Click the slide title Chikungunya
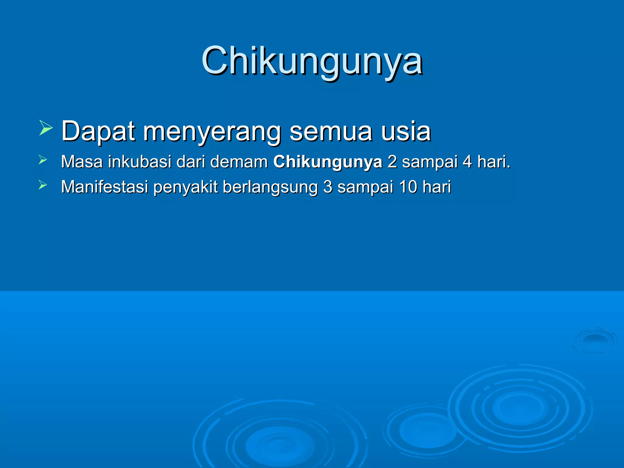pyautogui.click(x=312, y=61)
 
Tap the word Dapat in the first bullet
pyautogui.click(x=98, y=131)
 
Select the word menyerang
pyautogui.click(x=212, y=132)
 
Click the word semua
pyautogui.click(x=331, y=131)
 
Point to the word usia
pyautogui.click(x=406, y=131)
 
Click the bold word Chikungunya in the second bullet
pyautogui.click(x=328, y=162)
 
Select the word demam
pyautogui.click(x=239, y=162)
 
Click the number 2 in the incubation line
pyautogui.click(x=392, y=162)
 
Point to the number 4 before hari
pyautogui.click(x=467, y=162)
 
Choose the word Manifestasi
pyautogui.click(x=105, y=187)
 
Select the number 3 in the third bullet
pyautogui.click(x=328, y=187)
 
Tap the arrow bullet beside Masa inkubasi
pyautogui.click(x=43, y=160)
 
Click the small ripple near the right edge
pyautogui.click(x=595, y=340)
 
